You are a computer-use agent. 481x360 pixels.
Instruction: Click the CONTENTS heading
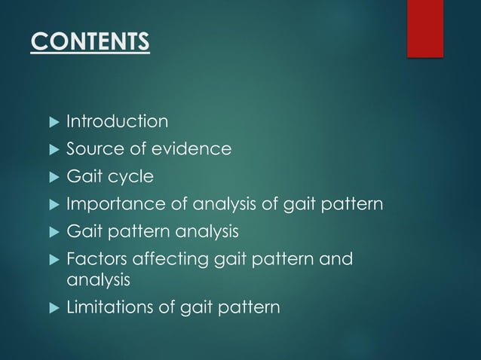[90, 41]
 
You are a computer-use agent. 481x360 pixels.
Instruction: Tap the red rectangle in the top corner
[425, 28]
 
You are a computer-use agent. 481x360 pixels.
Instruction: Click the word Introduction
[117, 121]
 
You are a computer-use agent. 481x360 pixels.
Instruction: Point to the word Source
[90, 149]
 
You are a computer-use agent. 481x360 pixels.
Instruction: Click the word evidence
[195, 149]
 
